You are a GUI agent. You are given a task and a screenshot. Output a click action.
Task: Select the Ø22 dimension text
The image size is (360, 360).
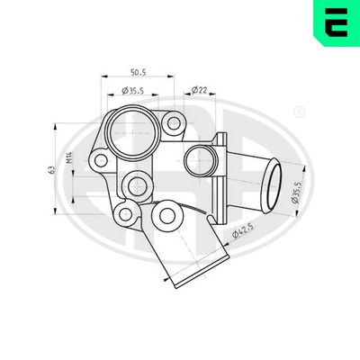tap(201, 91)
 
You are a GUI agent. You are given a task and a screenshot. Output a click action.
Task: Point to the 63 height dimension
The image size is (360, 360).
tap(55, 167)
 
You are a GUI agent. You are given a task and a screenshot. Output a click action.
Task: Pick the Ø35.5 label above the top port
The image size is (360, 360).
tap(134, 91)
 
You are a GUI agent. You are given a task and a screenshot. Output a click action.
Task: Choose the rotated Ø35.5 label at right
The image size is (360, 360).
tap(298, 195)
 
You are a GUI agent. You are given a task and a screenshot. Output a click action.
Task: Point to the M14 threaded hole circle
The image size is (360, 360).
tap(136, 187)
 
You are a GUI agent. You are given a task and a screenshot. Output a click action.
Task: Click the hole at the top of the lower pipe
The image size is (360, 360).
tap(165, 216)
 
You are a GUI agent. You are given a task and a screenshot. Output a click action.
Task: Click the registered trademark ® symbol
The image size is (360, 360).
tap(299, 111)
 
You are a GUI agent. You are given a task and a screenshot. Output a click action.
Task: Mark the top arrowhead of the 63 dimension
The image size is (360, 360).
tap(62, 122)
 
